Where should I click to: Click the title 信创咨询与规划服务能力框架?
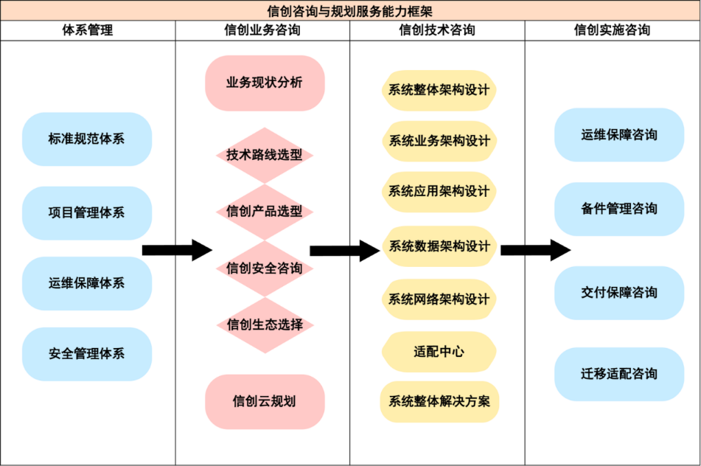coord(350,10)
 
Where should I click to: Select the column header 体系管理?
coord(88,30)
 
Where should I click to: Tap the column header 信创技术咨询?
coord(437,30)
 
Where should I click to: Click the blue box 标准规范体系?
coord(87,139)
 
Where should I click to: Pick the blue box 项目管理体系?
coord(87,213)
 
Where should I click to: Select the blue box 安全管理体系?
coord(87,354)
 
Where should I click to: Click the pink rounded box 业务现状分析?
coord(265,83)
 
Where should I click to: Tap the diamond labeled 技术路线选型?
coord(265,156)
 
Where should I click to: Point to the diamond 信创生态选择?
coord(265,324)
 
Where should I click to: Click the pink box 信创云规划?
coord(265,402)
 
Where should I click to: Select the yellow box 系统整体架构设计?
coord(439,90)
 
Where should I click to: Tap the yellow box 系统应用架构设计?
coord(439,192)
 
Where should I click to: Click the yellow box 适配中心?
coord(439,352)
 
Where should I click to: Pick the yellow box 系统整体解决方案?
coord(439,402)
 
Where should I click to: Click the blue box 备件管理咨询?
coord(619,209)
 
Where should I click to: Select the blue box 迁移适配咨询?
coord(619,374)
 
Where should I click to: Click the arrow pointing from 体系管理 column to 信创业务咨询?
coord(177,250)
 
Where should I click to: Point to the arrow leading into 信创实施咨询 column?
coord(535,250)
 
